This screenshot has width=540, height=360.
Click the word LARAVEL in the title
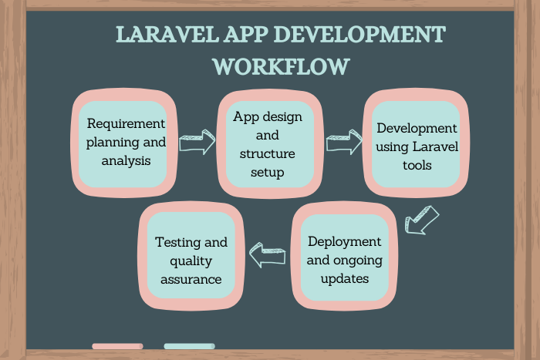[x=167, y=35]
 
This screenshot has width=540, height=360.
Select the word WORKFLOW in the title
[x=281, y=66]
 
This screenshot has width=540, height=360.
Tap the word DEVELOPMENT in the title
[x=360, y=35]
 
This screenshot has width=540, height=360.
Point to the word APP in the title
[x=246, y=35]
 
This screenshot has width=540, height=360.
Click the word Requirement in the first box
[x=126, y=123]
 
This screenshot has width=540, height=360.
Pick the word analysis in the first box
[x=126, y=160]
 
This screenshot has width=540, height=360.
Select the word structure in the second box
[x=267, y=153]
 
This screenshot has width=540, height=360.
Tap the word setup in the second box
[x=267, y=172]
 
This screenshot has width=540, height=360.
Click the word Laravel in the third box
[x=435, y=146]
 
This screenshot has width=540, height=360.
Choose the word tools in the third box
[x=417, y=165]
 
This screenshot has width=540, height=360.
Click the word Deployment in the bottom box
[x=344, y=241]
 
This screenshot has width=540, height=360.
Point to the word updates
[x=344, y=278]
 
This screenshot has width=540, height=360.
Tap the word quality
[x=191, y=261]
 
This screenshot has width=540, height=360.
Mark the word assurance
[x=191, y=280]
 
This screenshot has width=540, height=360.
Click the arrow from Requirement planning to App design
[x=197, y=142]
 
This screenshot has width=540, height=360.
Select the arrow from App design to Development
[x=344, y=142]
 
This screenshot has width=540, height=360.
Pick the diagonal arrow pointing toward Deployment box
[x=421, y=220]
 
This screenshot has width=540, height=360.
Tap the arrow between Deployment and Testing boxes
[x=268, y=255]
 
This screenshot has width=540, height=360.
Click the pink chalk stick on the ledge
[x=117, y=346]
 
